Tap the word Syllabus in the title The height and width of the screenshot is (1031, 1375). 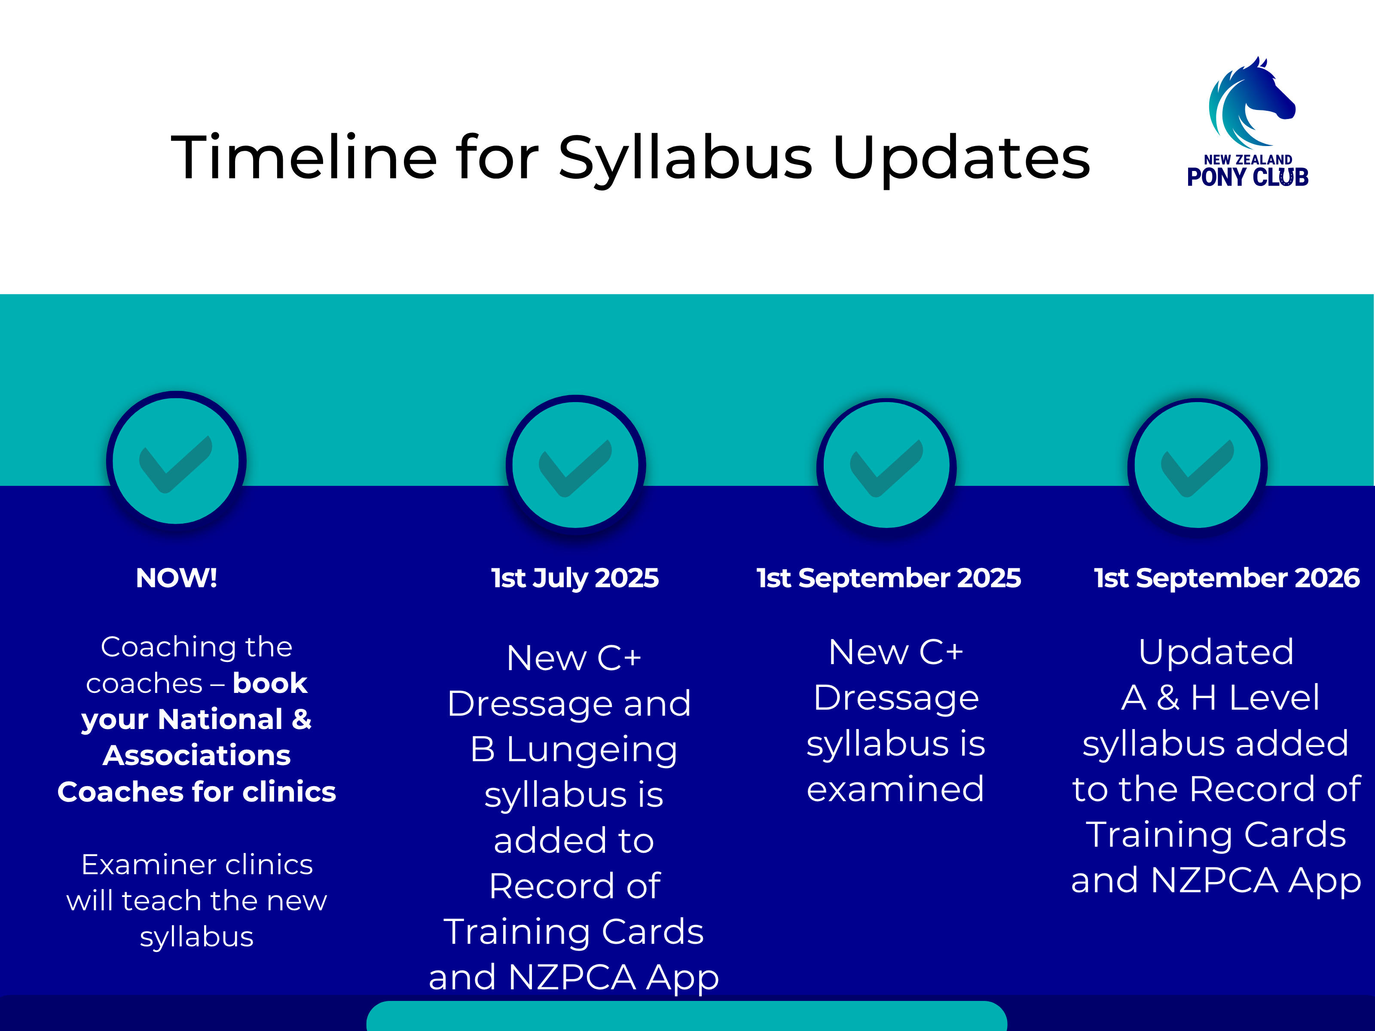pos(686,160)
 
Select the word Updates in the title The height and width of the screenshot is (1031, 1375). pos(961,160)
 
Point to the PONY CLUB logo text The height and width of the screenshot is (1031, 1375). pos(1247,177)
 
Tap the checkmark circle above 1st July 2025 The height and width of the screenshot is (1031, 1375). pos(576,465)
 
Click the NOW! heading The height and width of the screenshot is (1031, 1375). pos(177,578)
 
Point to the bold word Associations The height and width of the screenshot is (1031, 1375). pos(197,755)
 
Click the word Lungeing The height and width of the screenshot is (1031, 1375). pos(592,750)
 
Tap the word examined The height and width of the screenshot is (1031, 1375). pos(896,789)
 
